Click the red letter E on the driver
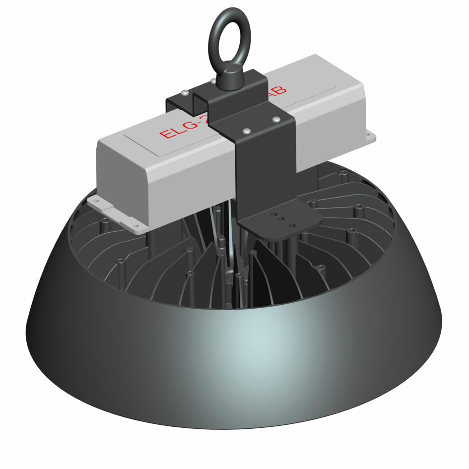click(165, 133)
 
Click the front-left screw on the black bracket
click(247, 130)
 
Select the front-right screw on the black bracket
click(275, 119)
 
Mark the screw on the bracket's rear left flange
click(185, 93)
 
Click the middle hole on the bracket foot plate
click(281, 219)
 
